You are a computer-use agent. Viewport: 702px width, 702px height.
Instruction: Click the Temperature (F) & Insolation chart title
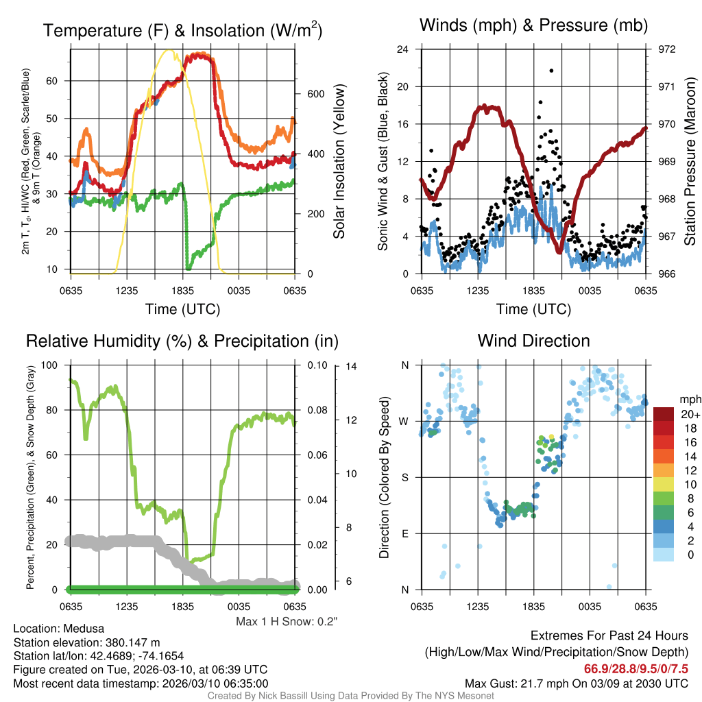point(182,31)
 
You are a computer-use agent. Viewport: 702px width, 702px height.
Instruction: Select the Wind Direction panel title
point(533,341)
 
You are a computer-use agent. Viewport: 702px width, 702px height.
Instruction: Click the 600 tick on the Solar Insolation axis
point(305,94)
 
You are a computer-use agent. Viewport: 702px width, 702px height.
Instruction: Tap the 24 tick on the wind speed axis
point(403,49)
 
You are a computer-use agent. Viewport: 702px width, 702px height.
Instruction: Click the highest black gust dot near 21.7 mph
point(551,70)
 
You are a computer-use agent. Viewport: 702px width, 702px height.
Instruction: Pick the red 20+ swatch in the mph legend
point(664,414)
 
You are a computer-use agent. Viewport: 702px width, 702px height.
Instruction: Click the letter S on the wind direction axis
point(405,477)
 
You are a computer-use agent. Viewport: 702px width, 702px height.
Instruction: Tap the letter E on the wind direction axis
point(405,533)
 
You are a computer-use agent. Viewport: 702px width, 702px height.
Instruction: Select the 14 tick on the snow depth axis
point(351,366)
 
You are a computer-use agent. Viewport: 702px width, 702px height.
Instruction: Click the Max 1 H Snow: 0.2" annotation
point(287,622)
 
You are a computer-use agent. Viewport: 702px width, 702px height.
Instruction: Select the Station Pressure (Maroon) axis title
point(690,161)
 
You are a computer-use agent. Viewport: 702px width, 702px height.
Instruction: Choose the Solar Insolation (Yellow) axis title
point(339,161)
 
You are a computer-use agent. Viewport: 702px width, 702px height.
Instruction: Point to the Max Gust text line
point(576,683)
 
